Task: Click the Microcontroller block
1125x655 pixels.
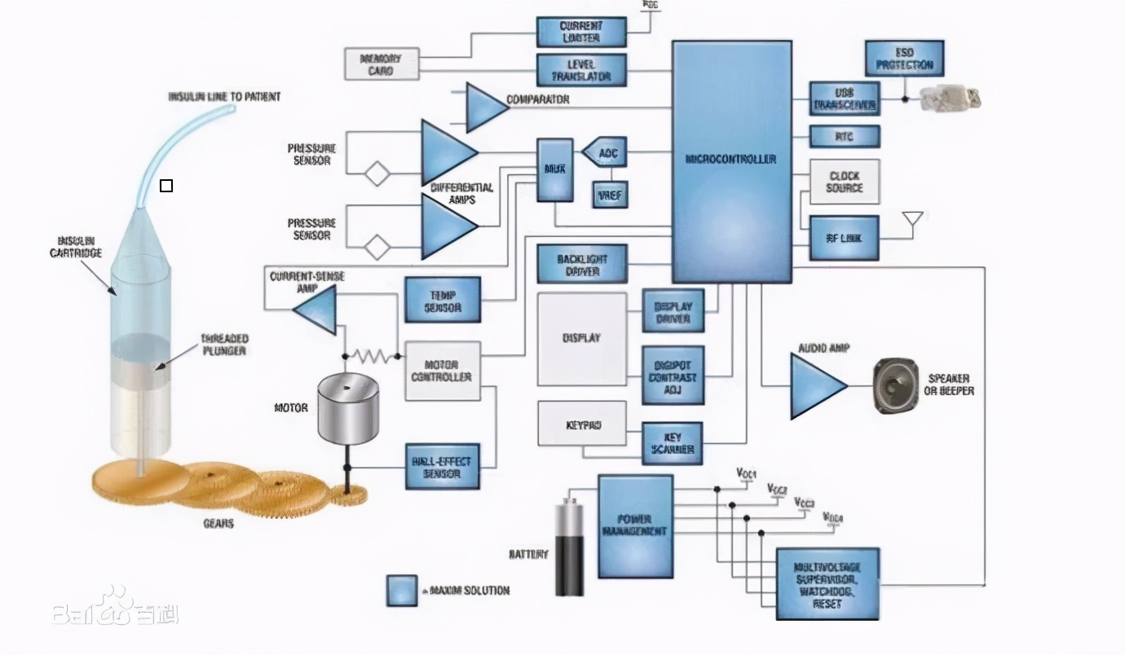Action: (731, 161)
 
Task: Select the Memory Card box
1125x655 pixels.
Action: (382, 64)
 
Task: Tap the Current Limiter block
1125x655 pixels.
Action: (580, 32)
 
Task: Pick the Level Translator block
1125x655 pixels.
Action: (580, 70)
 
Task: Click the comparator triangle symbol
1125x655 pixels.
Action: (484, 107)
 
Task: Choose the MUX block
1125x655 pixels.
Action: (554, 169)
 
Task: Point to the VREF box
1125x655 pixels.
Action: (610, 194)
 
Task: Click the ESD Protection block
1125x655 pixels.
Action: (904, 59)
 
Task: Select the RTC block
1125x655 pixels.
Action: (844, 136)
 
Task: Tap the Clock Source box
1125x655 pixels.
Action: (844, 182)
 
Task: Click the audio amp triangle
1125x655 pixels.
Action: (816, 386)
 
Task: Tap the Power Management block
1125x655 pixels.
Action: (635, 526)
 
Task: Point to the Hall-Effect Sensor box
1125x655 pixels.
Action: (442, 467)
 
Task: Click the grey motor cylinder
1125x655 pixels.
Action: (347, 408)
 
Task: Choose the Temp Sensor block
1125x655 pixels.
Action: (443, 299)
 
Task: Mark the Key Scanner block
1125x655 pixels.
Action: (672, 443)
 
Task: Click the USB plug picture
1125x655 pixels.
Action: (951, 98)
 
